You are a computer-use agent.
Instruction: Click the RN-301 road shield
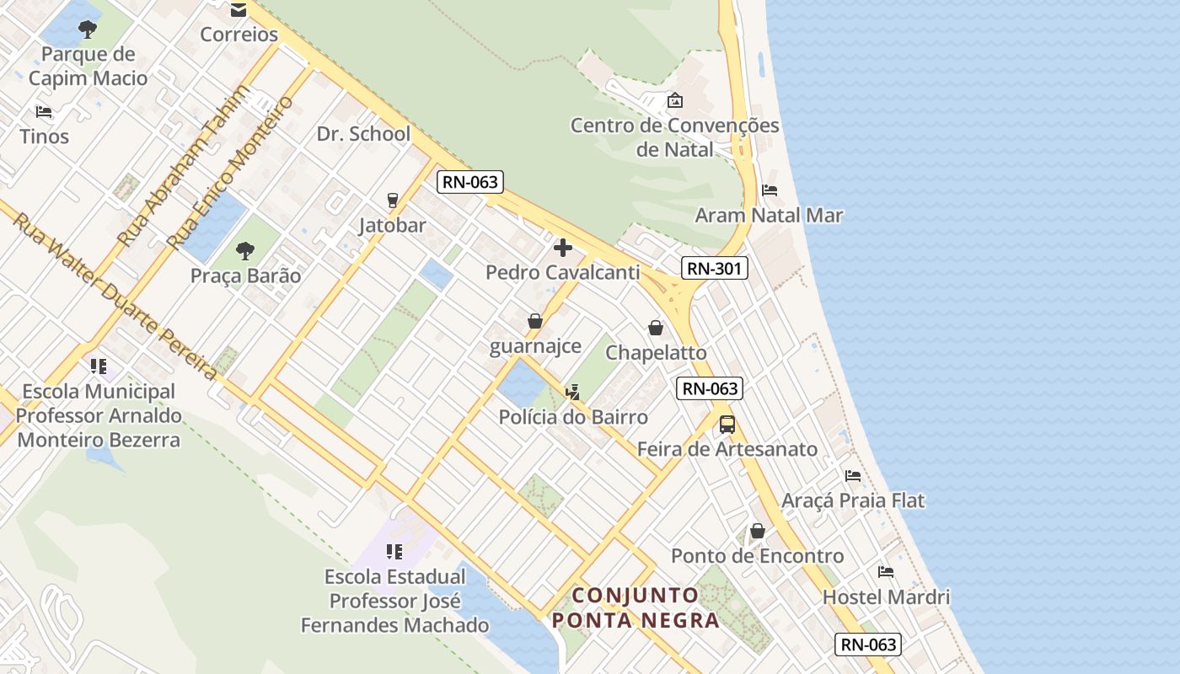pyautogui.click(x=714, y=268)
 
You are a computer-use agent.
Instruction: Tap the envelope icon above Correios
pyautogui.click(x=239, y=10)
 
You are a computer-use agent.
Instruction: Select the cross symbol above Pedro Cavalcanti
pyautogui.click(x=562, y=248)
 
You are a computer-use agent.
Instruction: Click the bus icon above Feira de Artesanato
pyautogui.click(x=727, y=425)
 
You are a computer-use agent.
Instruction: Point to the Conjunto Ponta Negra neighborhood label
pyautogui.click(x=636, y=607)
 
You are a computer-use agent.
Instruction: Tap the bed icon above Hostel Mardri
pyautogui.click(x=886, y=572)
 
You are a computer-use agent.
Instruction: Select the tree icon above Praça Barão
pyautogui.click(x=245, y=250)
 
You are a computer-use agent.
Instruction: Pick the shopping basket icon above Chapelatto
pyautogui.click(x=656, y=328)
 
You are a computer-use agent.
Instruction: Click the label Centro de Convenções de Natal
pyautogui.click(x=675, y=137)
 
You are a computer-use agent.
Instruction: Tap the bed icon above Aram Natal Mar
pyautogui.click(x=770, y=190)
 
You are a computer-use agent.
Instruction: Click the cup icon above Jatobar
pyautogui.click(x=392, y=201)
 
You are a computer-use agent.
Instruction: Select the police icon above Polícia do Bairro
pyautogui.click(x=573, y=392)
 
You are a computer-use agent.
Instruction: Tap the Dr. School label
pyautogui.click(x=363, y=134)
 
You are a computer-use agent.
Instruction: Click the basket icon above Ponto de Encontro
pyautogui.click(x=758, y=531)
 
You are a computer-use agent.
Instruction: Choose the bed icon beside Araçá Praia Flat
pyautogui.click(x=853, y=476)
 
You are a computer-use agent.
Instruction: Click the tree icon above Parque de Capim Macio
pyautogui.click(x=87, y=30)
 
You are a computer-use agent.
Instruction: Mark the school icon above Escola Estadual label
pyautogui.click(x=394, y=552)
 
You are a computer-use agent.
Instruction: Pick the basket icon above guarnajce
pyautogui.click(x=535, y=321)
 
